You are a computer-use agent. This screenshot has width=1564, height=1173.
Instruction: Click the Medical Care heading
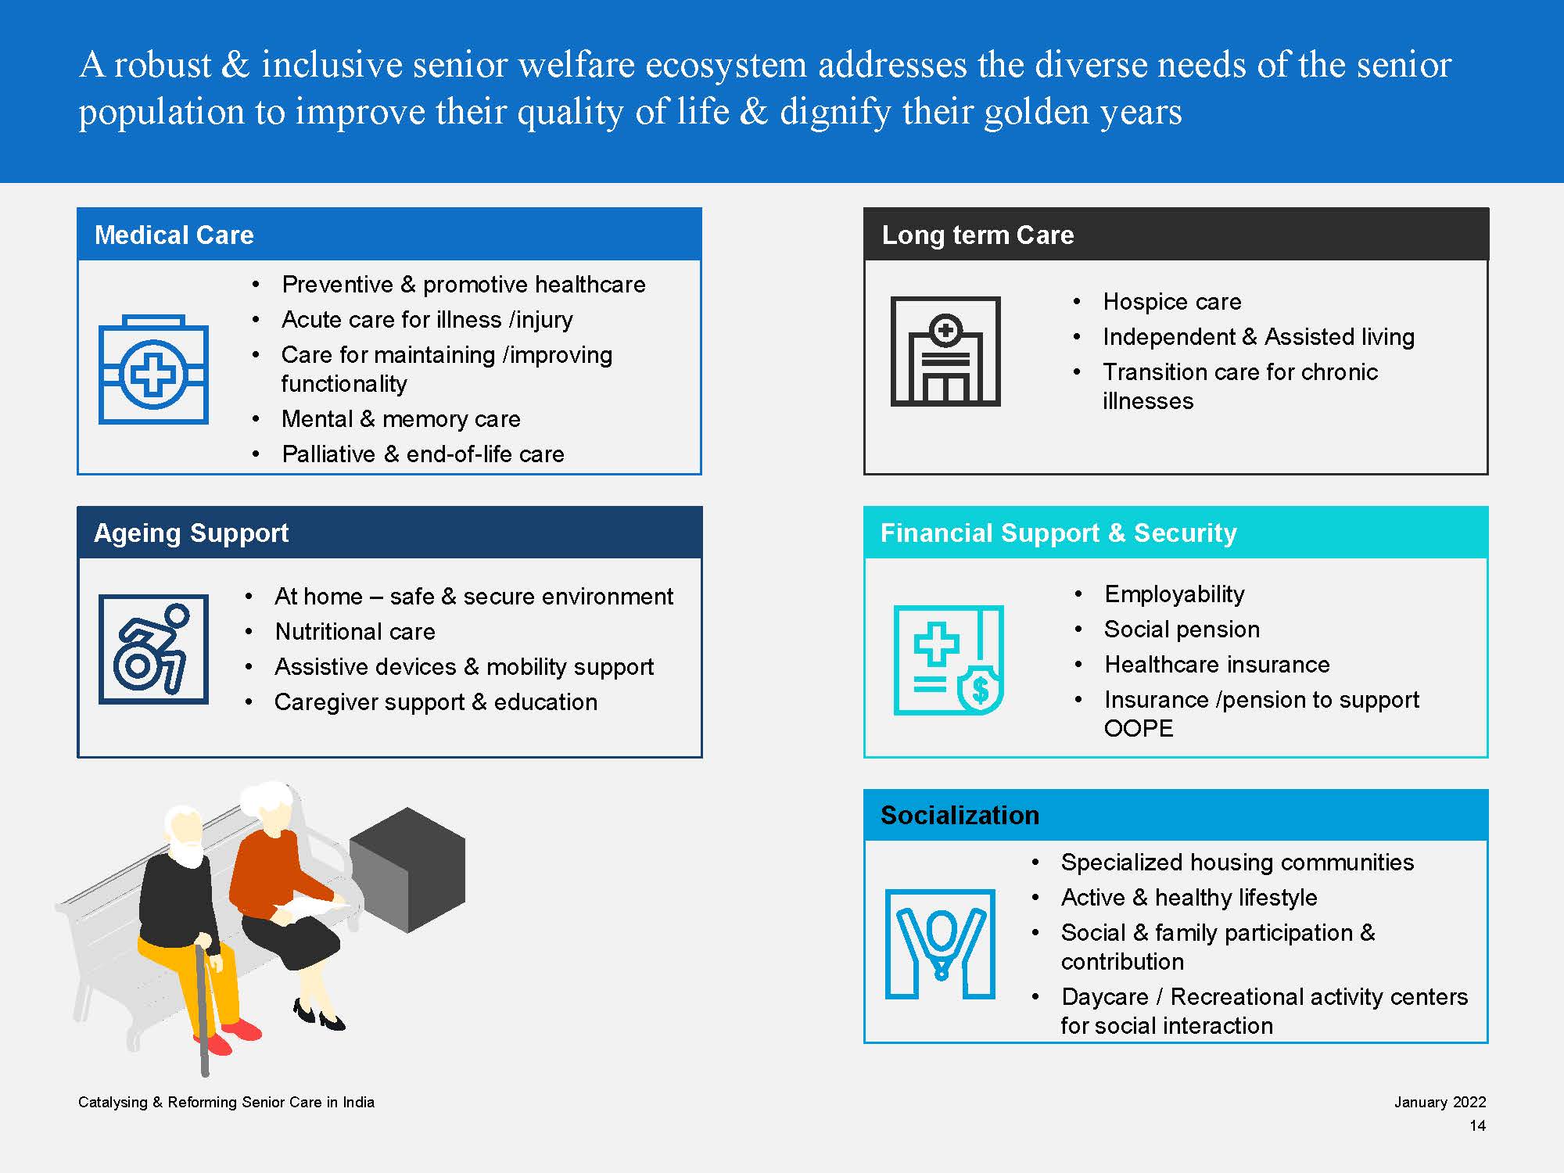[174, 235]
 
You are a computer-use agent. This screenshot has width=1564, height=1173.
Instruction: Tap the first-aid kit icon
[153, 369]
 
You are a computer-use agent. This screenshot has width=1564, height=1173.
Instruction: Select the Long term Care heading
[977, 235]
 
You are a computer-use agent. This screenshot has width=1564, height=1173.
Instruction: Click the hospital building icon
[945, 351]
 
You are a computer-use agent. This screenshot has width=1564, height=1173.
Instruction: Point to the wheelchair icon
[153, 649]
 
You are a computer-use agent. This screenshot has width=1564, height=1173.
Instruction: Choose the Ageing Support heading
[191, 533]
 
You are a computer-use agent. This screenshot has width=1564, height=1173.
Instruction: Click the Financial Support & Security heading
[1059, 533]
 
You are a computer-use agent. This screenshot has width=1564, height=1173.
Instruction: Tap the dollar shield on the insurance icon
[981, 689]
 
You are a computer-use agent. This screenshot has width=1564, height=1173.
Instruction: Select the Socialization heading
[960, 815]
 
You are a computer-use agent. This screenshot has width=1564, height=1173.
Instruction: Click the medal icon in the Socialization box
[940, 944]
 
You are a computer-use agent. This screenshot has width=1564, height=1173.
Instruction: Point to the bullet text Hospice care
[1171, 301]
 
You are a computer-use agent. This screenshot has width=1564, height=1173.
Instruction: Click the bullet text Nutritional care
[355, 631]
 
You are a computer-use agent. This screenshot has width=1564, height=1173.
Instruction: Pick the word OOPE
[1139, 728]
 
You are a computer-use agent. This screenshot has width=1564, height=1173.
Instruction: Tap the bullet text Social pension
[1182, 629]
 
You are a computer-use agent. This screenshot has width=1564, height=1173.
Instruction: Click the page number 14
[1477, 1125]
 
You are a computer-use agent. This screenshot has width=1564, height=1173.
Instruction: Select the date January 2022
[1440, 1102]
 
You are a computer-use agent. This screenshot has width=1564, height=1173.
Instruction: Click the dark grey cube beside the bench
[407, 870]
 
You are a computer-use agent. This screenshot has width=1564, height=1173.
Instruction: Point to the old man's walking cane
[202, 1009]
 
